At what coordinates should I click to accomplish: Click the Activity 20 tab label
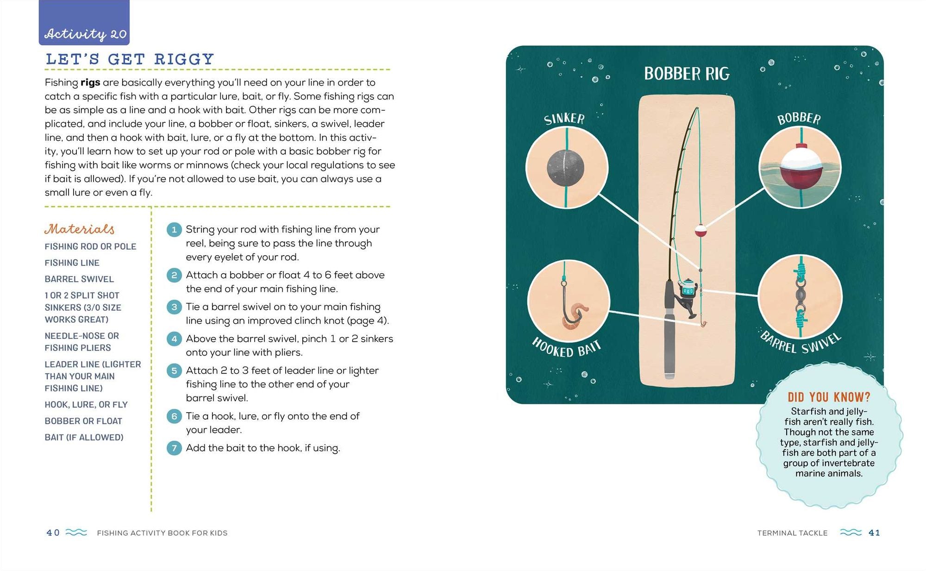85,34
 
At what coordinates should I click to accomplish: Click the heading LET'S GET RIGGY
130,59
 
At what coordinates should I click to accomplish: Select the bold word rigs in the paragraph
90,82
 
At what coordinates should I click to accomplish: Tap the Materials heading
80,229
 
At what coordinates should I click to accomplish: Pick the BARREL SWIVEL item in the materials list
79,279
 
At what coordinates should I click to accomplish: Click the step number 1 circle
174,230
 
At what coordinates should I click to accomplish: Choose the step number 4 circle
174,339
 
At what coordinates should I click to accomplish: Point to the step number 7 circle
174,448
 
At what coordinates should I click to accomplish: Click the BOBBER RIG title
687,74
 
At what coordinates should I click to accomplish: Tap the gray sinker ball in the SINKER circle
565,168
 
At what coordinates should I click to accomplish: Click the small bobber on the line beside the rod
701,231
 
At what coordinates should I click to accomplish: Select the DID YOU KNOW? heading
829,397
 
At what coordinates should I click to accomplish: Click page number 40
53,533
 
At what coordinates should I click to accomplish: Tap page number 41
874,533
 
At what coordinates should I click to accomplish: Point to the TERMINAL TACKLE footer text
792,533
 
